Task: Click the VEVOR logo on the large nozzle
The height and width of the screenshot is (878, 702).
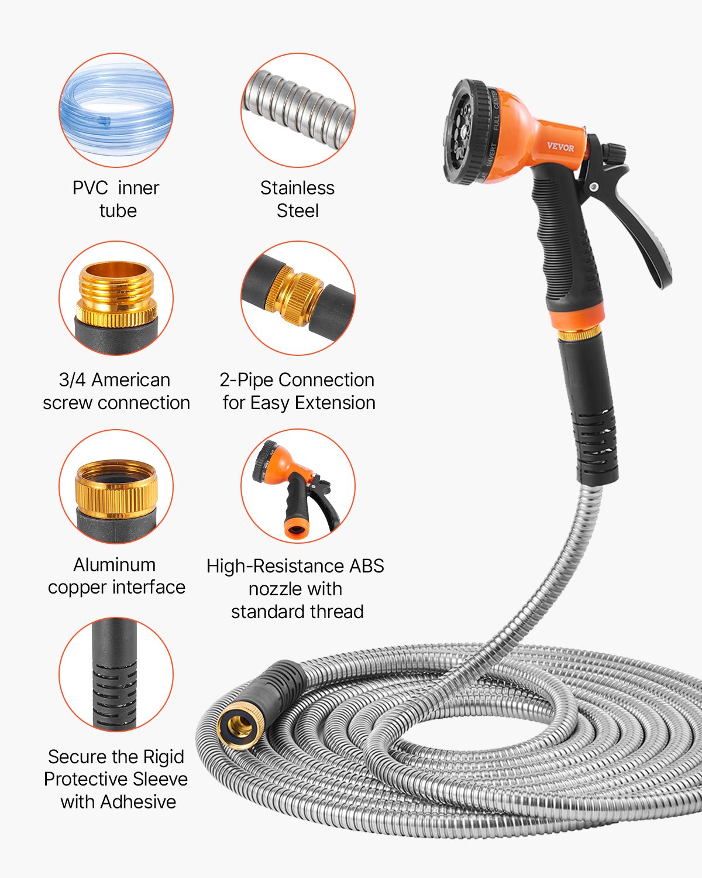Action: click(x=560, y=147)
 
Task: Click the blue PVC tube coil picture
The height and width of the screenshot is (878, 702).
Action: click(x=116, y=111)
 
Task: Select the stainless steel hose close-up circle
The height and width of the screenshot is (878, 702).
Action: click(x=298, y=110)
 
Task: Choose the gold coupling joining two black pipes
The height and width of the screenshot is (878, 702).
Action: click(x=294, y=297)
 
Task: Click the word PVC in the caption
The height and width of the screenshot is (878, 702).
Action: click(x=90, y=188)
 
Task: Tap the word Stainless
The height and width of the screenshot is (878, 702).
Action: click(x=297, y=188)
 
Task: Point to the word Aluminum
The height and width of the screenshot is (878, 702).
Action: click(x=115, y=565)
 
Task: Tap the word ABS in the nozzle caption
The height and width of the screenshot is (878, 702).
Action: click(x=366, y=566)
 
